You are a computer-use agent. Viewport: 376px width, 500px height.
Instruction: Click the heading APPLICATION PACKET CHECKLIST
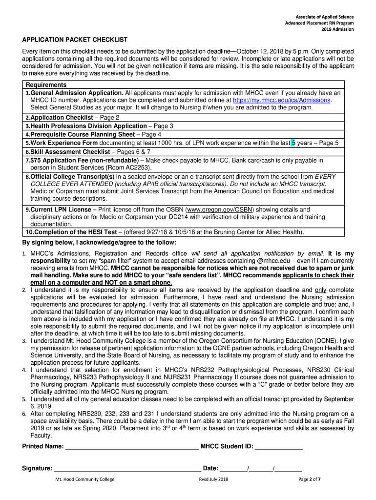75,40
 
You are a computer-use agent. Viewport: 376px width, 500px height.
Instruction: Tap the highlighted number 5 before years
293,143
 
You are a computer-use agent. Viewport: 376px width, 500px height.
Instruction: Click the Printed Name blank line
132,447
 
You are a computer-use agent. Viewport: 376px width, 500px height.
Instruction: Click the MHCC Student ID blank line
279,447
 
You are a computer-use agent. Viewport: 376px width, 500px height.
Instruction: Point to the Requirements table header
46,85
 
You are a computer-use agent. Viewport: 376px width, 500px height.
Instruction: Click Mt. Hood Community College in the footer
85,479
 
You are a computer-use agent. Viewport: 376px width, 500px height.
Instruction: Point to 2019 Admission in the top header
337,29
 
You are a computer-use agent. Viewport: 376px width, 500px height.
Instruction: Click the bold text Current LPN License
61,209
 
